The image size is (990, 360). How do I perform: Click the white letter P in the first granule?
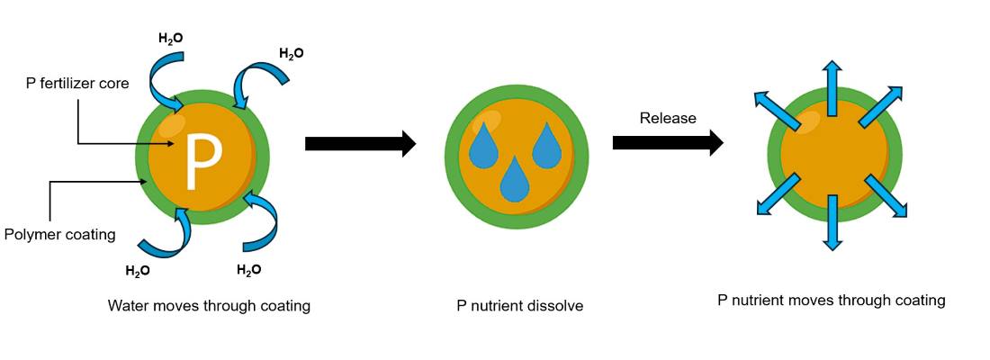coord(202,160)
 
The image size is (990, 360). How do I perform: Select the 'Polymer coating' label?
coord(60,235)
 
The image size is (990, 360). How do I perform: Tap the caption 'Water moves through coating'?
coord(209,306)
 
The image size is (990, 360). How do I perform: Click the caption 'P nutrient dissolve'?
coord(520,306)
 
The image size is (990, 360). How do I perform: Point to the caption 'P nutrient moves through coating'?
coord(831,301)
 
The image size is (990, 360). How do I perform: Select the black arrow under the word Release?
coord(667,142)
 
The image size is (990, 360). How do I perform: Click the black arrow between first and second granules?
coord(360,143)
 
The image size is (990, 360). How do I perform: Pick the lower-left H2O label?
coord(138,270)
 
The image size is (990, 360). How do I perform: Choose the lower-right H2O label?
coord(249,269)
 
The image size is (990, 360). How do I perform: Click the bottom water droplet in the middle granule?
coord(514,180)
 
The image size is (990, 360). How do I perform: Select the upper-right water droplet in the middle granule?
coord(546,147)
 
